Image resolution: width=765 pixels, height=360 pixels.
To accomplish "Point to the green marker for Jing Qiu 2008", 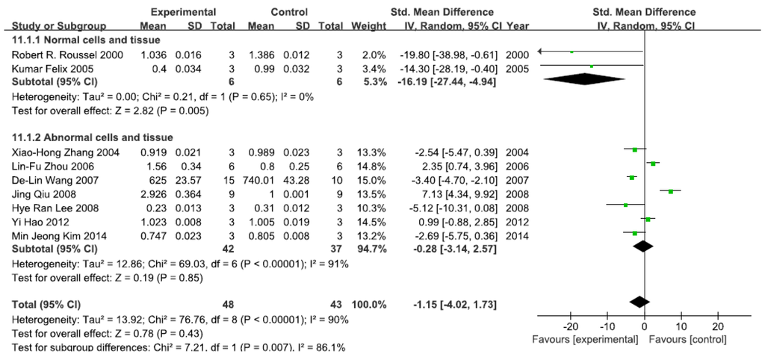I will (x=671, y=191).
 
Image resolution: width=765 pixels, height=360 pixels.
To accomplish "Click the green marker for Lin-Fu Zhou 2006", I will (x=653, y=164).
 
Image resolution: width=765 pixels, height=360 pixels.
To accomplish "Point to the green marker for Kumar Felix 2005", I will (x=591, y=67).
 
